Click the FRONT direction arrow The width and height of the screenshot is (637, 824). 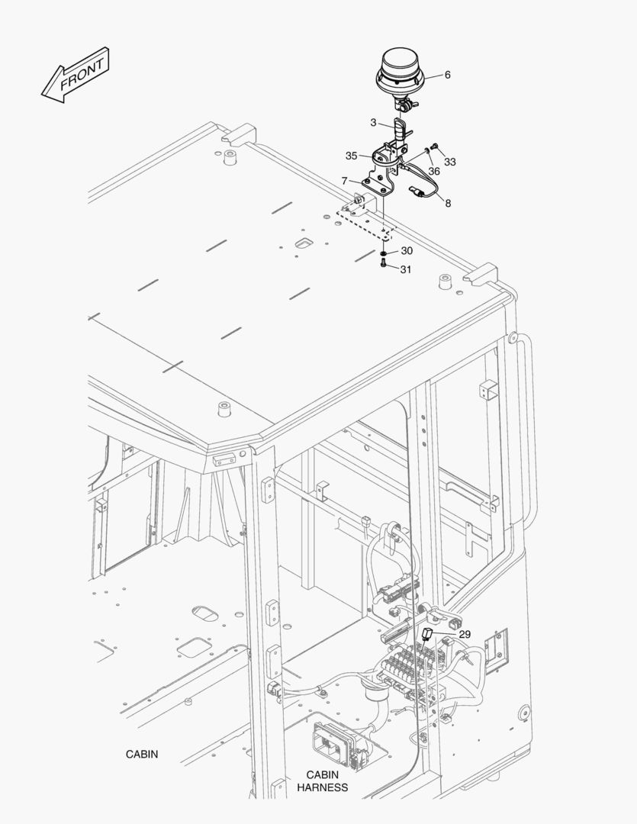click(76, 75)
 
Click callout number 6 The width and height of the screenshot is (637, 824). click(447, 75)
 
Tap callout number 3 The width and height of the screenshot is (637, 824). click(373, 122)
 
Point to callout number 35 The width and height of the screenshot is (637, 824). click(352, 156)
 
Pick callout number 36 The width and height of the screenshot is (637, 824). click(433, 172)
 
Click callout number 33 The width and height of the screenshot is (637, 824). click(450, 162)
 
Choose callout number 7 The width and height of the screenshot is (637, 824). click(345, 181)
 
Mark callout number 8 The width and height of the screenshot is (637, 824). click(448, 203)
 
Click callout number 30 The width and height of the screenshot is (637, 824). click(407, 251)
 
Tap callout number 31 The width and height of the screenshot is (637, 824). click(406, 269)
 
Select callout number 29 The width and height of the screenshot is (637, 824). click(465, 634)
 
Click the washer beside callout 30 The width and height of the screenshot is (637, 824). click(384, 254)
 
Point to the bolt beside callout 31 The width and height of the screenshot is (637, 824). click(383, 264)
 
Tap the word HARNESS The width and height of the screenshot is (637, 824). click(322, 787)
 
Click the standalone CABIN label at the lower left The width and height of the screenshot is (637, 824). click(142, 754)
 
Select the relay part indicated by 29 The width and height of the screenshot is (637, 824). click(426, 634)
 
